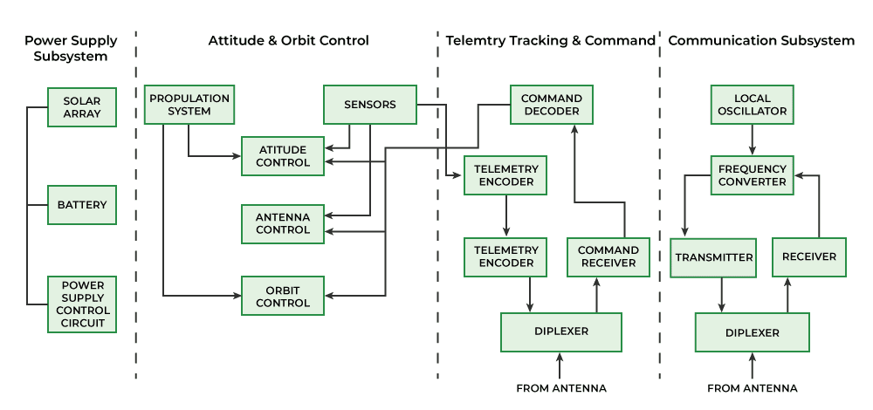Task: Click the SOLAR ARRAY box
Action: pos(81,106)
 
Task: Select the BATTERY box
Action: pos(81,206)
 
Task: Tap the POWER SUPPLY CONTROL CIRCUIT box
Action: pos(81,304)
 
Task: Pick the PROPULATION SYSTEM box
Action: pos(189,105)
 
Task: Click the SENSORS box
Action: pos(369,105)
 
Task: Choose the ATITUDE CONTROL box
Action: pos(283,156)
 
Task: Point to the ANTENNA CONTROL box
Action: pos(283,223)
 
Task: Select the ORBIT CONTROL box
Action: pos(283,297)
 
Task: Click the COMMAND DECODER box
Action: pos(551,105)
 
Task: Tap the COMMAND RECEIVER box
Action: pos(608,256)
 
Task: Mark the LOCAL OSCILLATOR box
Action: pos(752,105)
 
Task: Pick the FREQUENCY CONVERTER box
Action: pos(752,175)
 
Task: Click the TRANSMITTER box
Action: pos(714,257)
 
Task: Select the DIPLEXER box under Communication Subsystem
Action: pos(752,332)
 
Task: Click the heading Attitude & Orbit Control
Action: pos(288,40)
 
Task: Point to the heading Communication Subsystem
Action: pos(761,40)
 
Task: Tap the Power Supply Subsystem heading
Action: pos(71,48)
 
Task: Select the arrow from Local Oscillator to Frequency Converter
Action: pos(752,140)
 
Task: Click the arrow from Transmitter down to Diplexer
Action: pos(721,295)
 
